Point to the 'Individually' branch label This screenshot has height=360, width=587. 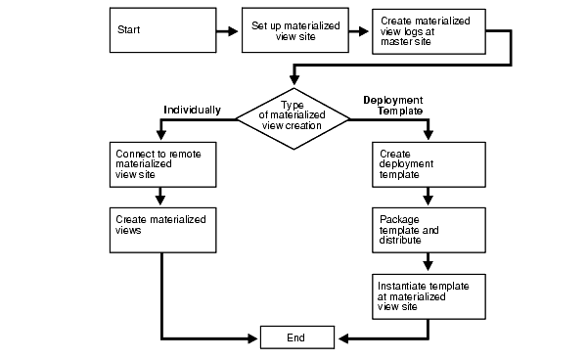192,110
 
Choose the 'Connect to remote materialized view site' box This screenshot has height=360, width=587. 159,166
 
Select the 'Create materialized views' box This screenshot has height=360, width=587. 159,231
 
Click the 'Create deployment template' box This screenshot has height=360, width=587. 427,166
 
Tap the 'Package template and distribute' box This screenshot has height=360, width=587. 427,231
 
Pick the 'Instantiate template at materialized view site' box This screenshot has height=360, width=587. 427,295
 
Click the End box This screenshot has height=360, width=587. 296,337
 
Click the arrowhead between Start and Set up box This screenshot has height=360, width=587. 234,31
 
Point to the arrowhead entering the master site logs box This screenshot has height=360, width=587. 364,31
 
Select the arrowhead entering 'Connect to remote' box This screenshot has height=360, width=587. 159,136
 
